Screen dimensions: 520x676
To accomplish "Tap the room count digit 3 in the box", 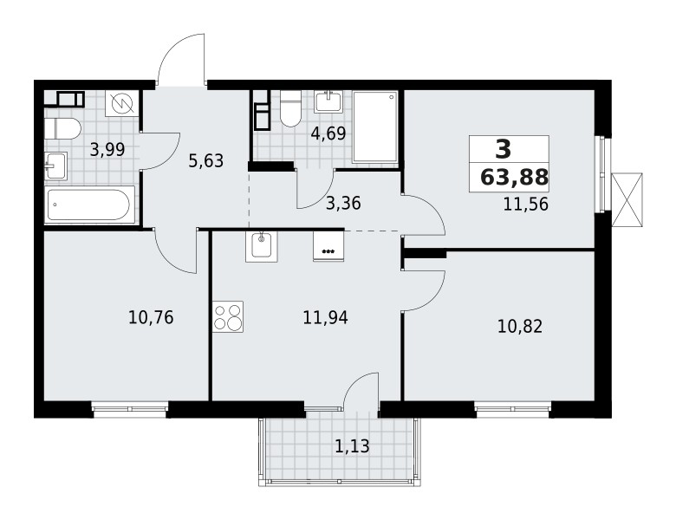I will pyautogui.click(x=504, y=149).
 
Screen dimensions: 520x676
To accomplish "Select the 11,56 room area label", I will pyautogui.click(x=526, y=205).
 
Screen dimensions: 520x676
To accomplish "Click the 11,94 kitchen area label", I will pyautogui.click(x=326, y=317).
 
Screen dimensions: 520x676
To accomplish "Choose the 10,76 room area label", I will pyautogui.click(x=151, y=317).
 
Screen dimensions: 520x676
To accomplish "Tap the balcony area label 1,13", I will pyautogui.click(x=352, y=447).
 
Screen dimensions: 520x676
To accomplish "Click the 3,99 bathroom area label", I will pyautogui.click(x=107, y=149).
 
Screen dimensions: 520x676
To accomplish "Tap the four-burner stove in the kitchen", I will pyautogui.click(x=228, y=315).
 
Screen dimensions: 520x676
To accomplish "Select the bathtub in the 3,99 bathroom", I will pyautogui.click(x=88, y=206).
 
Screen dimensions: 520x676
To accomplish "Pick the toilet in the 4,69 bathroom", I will pyautogui.click(x=289, y=109).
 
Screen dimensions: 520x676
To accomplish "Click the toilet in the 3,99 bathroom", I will pyautogui.click(x=62, y=129).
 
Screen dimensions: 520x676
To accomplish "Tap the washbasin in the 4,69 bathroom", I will pyautogui.click(x=328, y=101).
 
